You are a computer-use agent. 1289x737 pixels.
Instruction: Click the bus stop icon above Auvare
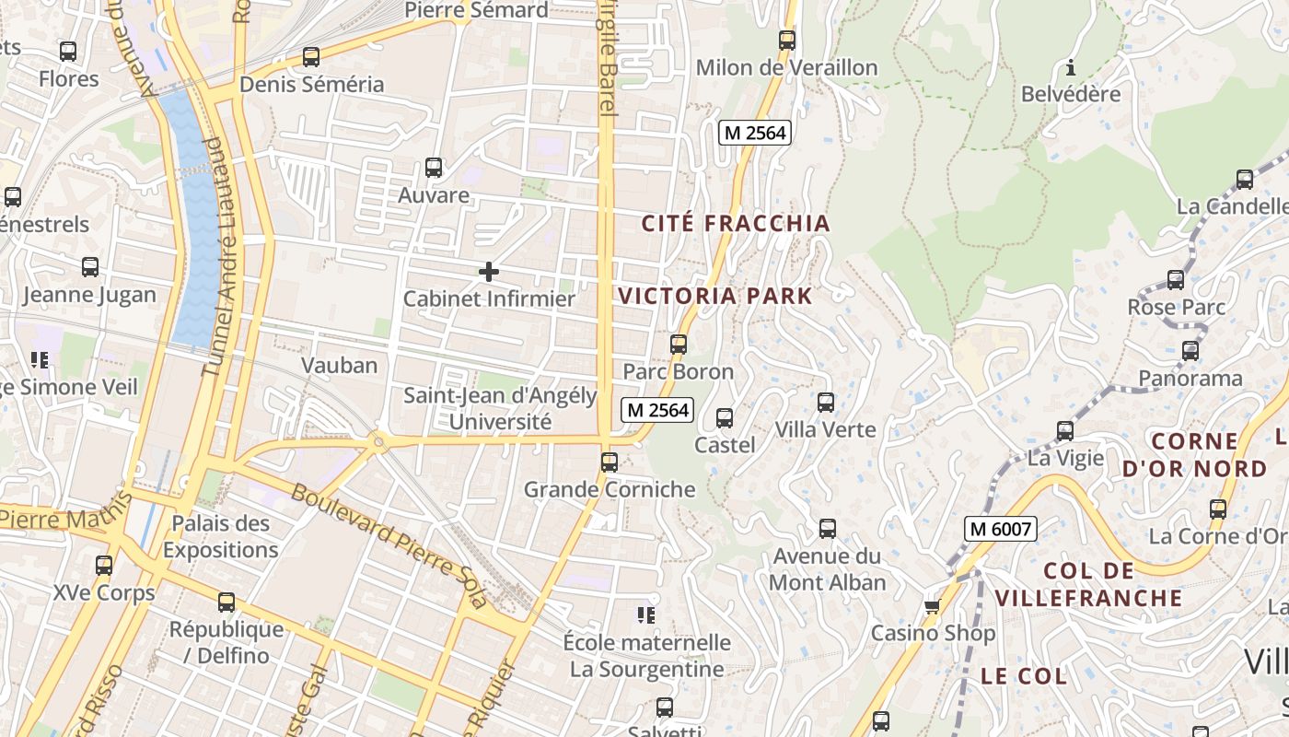click(434, 168)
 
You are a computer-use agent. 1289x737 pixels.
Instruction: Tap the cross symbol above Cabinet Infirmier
click(489, 271)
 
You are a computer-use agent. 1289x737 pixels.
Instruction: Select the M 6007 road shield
click(1001, 529)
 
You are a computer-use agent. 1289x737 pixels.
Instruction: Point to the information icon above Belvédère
click(1071, 67)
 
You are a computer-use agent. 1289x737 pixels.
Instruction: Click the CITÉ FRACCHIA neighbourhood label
click(736, 223)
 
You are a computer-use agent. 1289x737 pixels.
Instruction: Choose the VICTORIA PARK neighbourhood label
click(715, 296)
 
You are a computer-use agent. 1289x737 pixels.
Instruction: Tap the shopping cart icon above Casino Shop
click(932, 606)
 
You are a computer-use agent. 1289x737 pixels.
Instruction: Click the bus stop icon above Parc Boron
click(679, 345)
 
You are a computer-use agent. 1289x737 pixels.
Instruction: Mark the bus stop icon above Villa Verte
click(826, 403)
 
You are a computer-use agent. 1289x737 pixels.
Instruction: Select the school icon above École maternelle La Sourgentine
click(646, 614)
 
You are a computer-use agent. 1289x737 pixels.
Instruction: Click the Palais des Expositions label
click(221, 536)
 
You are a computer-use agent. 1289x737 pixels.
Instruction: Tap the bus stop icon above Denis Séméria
click(311, 57)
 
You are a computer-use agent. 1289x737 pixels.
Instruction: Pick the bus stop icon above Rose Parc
click(1176, 280)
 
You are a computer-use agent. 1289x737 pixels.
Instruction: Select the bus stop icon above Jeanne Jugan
click(90, 267)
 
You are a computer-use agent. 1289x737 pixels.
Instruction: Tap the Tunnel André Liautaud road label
click(213, 258)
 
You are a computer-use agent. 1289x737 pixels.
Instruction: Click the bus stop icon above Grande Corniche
click(609, 462)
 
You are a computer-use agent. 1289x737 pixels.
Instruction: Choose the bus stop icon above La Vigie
click(1065, 430)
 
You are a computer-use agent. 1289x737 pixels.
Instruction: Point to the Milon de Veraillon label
click(786, 67)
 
